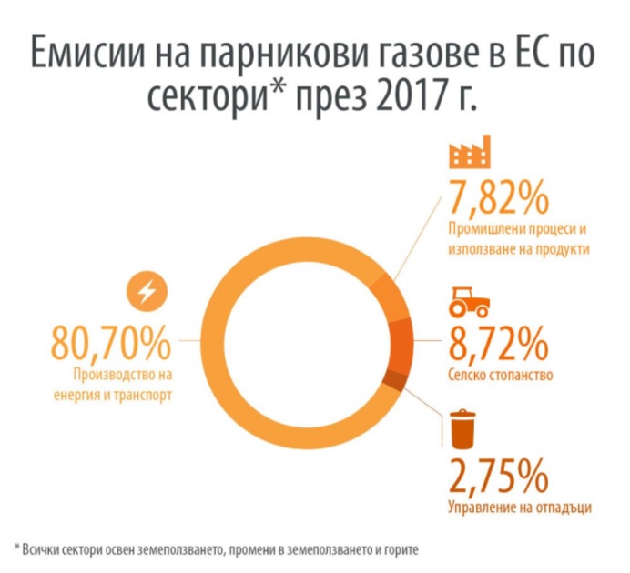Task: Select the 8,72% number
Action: click(x=497, y=343)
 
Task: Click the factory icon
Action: click(x=470, y=153)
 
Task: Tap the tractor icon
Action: click(x=468, y=301)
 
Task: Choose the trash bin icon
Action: click(x=464, y=429)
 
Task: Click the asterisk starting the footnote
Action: click(x=17, y=548)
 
